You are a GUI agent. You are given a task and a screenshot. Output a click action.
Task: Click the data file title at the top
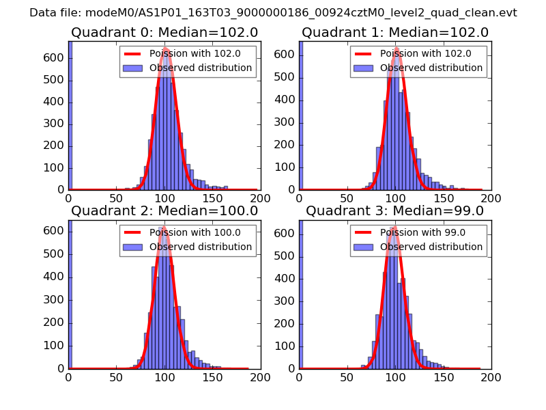273,13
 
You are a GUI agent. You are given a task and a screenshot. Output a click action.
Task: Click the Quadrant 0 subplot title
164,32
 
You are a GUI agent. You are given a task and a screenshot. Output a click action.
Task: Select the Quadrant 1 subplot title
395,32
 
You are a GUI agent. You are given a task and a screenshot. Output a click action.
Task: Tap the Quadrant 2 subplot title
164,210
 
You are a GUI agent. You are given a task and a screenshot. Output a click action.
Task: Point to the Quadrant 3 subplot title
395,210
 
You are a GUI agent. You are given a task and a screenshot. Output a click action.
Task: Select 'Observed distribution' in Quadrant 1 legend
431,68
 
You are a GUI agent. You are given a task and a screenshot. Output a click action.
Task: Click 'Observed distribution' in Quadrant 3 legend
431,247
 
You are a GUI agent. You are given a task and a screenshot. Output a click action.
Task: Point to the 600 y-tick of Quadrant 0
57,58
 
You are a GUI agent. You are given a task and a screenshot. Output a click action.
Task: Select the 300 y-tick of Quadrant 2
57,300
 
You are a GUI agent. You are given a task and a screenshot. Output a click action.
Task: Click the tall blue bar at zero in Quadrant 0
70,116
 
